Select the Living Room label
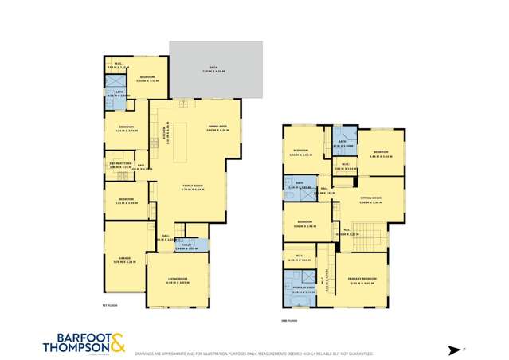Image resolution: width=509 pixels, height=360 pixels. tap(176, 280)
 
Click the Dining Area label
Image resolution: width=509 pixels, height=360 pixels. tap(217, 127)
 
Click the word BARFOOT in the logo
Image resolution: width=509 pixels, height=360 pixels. tap(74, 336)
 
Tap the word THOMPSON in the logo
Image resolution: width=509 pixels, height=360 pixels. tap(73, 346)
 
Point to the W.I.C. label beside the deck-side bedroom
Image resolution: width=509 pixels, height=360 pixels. tap(118, 65)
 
